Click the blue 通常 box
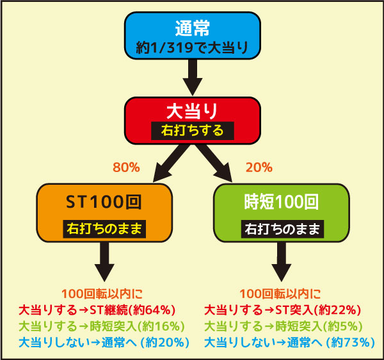point(193,35)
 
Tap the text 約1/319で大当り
point(193,47)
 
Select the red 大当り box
point(193,121)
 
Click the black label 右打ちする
point(193,130)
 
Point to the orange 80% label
point(126,168)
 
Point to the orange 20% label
point(259,168)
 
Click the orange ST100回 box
point(104,213)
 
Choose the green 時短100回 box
point(282,213)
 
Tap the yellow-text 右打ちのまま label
point(104,229)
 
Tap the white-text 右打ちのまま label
point(282,229)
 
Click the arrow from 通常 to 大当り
point(193,77)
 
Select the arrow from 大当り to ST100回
point(172,163)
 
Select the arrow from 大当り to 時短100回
point(214,163)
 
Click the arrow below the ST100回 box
point(104,262)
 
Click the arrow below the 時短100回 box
point(282,262)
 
